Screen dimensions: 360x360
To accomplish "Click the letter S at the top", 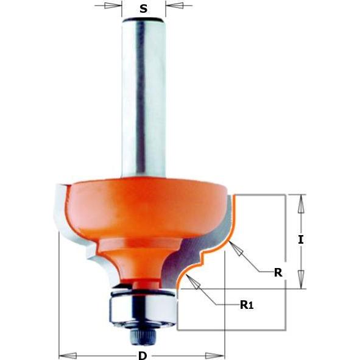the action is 144,9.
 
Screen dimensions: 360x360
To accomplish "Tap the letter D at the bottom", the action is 143,356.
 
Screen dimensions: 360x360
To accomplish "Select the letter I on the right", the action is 301,239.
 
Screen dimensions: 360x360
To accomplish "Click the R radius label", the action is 278,273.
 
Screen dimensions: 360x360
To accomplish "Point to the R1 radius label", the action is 247,305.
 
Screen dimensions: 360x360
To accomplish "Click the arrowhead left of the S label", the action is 113,5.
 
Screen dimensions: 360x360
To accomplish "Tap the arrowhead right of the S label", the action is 174,5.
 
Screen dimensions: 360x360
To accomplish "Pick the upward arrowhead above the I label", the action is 301,203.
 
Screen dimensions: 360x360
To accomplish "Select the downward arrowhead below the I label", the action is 301,280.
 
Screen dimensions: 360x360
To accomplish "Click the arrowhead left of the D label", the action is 68,356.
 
